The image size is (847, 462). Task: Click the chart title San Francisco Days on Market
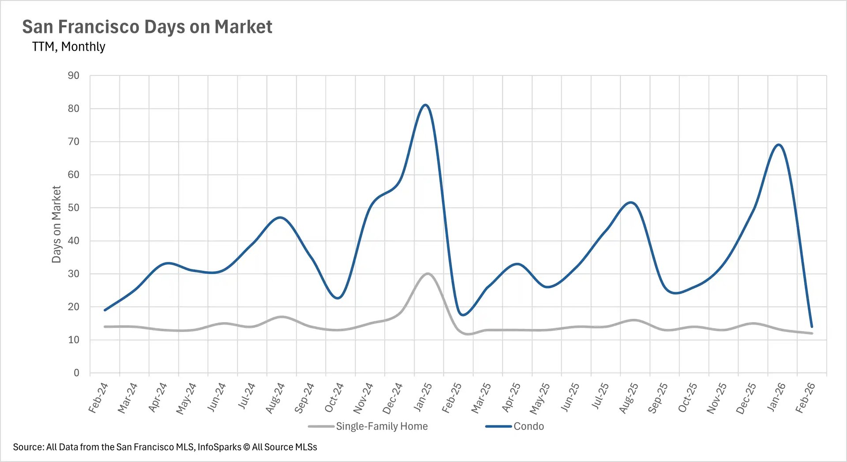pyautogui.click(x=147, y=27)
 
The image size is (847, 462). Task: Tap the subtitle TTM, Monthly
pyautogui.click(x=68, y=47)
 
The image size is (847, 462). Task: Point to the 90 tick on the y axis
pyautogui.click(x=74, y=76)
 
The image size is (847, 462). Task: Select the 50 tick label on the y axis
pyautogui.click(x=74, y=208)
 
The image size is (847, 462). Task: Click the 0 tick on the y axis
pyautogui.click(x=76, y=373)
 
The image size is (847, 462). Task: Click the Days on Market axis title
pyautogui.click(x=56, y=224)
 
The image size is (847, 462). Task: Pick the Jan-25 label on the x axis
pyautogui.click(x=423, y=397)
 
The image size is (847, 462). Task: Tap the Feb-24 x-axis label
pyautogui.click(x=98, y=398)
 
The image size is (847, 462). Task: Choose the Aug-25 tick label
pyautogui.click(x=629, y=398)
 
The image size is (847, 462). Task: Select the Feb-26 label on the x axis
pyautogui.click(x=805, y=398)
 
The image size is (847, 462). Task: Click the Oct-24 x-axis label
pyautogui.click(x=334, y=398)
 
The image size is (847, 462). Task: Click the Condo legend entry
pyautogui.click(x=528, y=426)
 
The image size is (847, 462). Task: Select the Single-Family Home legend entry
pyautogui.click(x=382, y=426)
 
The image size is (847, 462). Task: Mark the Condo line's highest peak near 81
pyautogui.click(x=425, y=105)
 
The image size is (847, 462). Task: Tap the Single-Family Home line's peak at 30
pyautogui.click(x=427, y=274)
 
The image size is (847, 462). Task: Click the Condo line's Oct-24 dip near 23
pyautogui.click(x=337, y=298)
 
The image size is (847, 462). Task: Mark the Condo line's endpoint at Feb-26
pyautogui.click(x=812, y=327)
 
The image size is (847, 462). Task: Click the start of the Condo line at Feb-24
pyautogui.click(x=105, y=310)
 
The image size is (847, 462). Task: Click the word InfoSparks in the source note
pyautogui.click(x=219, y=447)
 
